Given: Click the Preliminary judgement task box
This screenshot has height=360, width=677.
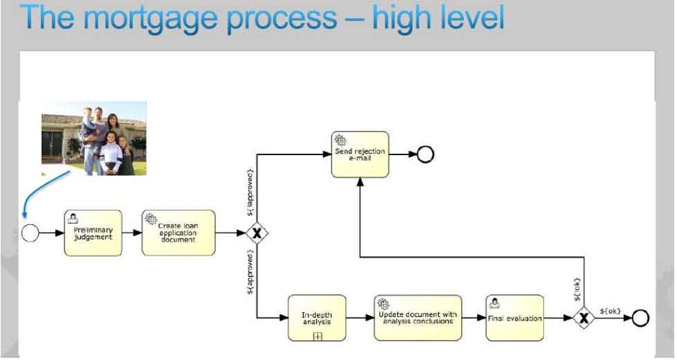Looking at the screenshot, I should [x=93, y=233].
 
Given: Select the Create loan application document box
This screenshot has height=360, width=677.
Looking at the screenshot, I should [x=179, y=233].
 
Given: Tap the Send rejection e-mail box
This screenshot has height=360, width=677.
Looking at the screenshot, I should [x=359, y=154].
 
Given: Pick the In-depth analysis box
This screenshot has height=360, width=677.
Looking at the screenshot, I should [x=316, y=318].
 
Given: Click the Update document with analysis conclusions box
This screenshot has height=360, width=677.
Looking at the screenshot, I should [x=417, y=318].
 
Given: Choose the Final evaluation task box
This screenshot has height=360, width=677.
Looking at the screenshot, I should [x=514, y=318].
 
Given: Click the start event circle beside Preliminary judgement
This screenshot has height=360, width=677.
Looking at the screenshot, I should [x=30, y=233].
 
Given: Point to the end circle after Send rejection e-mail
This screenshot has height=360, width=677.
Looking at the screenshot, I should [x=426, y=154].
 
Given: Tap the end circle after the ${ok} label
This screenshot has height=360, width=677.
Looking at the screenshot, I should [x=640, y=318].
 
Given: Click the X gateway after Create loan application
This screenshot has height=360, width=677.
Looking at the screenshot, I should [x=257, y=233].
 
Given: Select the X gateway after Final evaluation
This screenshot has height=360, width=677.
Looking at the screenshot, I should [x=584, y=318].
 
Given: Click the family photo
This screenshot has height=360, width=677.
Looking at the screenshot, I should [x=94, y=138].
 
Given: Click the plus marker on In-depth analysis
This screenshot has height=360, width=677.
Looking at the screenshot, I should [x=318, y=336].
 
